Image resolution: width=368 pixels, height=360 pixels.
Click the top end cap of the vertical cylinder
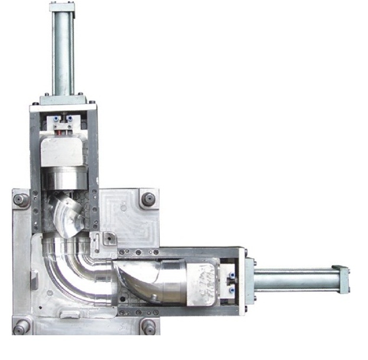tap(62, 7)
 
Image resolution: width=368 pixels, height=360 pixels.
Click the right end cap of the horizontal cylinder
tap(341, 279)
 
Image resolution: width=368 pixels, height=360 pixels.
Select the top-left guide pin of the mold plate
tap(21, 200)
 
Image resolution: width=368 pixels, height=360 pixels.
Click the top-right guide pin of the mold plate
tap(148, 199)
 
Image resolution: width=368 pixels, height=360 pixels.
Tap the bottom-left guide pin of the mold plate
tap(21, 327)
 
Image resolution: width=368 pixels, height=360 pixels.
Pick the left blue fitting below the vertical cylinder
tap(55, 118)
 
